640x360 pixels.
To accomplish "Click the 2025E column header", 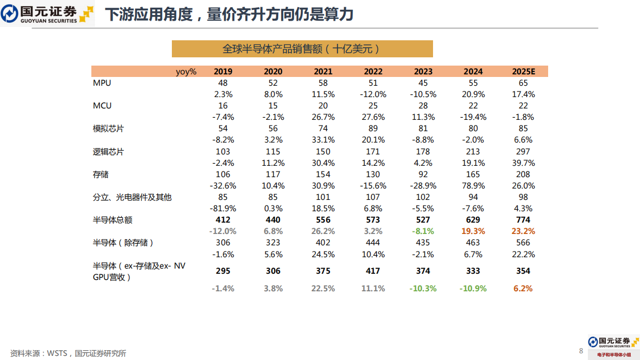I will pyautogui.click(x=523, y=72).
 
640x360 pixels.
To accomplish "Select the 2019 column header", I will pyautogui.click(x=223, y=72).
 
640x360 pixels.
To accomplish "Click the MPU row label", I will pyautogui.click(x=102, y=83).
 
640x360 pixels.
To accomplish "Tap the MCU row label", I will pyautogui.click(x=102, y=106).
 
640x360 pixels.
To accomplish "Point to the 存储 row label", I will pyautogui.click(x=101, y=175).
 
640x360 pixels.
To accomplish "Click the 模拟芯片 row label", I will pyautogui.click(x=108, y=129).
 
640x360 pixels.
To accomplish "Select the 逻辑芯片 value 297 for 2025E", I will pyautogui.click(x=523, y=151).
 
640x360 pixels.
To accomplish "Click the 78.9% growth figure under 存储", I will pyautogui.click(x=473, y=186).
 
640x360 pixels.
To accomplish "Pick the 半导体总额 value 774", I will pyautogui.click(x=523, y=220).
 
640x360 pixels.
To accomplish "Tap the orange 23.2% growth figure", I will pyautogui.click(x=523, y=231).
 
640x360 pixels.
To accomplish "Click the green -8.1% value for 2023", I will pyautogui.click(x=423, y=231).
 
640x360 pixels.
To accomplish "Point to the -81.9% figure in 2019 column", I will pyautogui.click(x=223, y=209).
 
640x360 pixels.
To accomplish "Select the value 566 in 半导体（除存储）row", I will pyautogui.click(x=523, y=243).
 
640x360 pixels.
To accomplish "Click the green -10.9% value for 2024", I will pyautogui.click(x=473, y=289).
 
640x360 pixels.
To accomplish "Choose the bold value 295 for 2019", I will pyautogui.click(x=223, y=271).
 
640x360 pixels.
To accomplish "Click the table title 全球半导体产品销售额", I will pyautogui.click(x=302, y=49).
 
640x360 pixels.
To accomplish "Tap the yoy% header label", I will pyautogui.click(x=186, y=72).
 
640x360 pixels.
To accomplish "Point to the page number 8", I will pyautogui.click(x=581, y=351).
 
